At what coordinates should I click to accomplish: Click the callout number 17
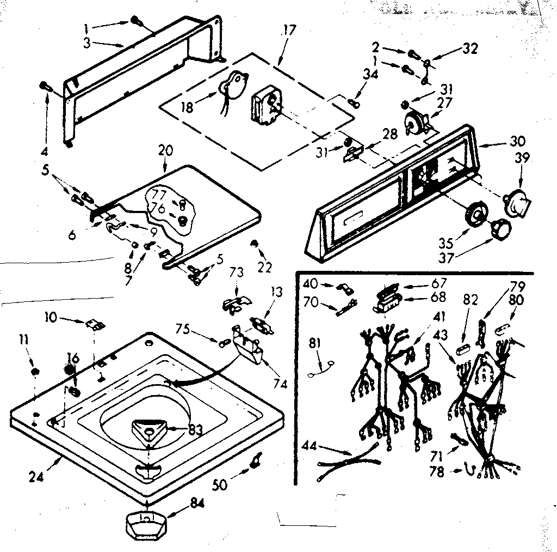pyautogui.click(x=289, y=30)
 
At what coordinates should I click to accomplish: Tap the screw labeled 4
pyautogui.click(x=46, y=87)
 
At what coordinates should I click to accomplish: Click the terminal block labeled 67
pyautogui.click(x=388, y=289)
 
